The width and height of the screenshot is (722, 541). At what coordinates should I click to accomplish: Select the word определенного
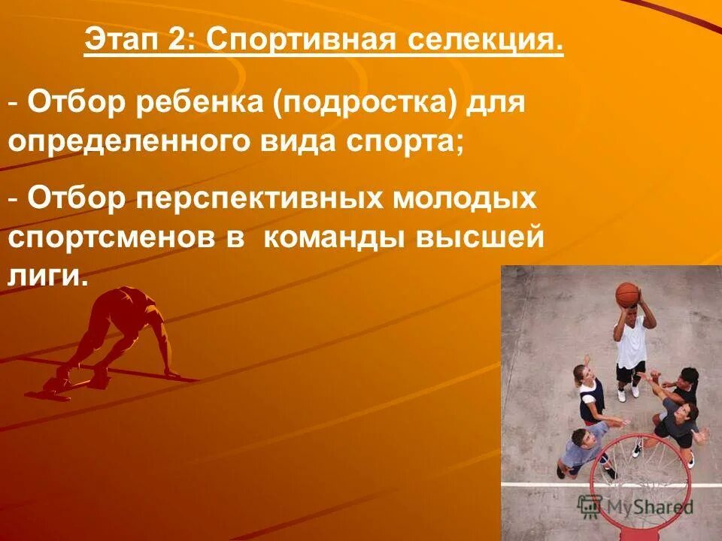point(124,140)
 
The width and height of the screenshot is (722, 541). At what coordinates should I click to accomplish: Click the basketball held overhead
point(626,294)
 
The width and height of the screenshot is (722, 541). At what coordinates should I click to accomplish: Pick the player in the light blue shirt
point(583,448)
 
